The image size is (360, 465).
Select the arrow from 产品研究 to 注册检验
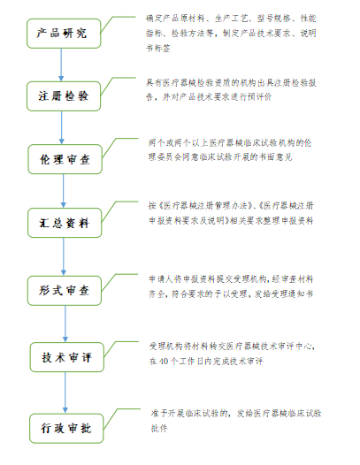tap(61, 65)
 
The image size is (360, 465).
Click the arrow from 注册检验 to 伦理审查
tap(61, 128)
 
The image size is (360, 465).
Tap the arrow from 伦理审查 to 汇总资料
tap(63, 191)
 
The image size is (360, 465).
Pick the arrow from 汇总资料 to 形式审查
tap(63, 257)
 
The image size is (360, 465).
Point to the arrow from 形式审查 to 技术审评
tap(65, 324)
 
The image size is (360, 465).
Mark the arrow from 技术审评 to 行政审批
tap(65, 393)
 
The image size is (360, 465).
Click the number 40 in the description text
tap(164, 362)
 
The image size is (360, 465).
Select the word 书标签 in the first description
tap(158, 48)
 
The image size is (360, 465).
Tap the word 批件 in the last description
tap(159, 428)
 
